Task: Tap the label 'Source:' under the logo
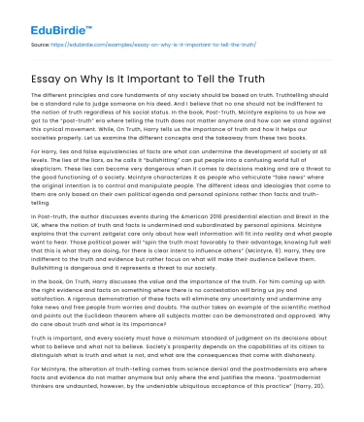(40, 44)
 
